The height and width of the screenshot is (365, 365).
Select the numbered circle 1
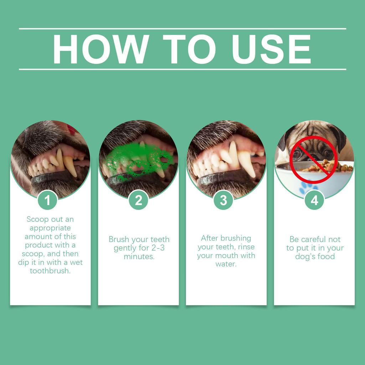tap(47, 200)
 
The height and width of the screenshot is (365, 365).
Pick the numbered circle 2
tap(138, 200)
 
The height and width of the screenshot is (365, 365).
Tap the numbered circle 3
tap(223, 200)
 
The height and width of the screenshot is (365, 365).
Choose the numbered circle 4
tap(314, 200)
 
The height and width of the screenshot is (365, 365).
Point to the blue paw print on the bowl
tap(309, 188)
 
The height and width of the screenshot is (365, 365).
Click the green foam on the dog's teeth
tap(137, 159)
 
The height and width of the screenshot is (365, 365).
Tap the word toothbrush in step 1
tap(50, 271)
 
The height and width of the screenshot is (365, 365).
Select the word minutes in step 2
tap(139, 256)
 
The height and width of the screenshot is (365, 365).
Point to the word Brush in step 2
tap(119, 239)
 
